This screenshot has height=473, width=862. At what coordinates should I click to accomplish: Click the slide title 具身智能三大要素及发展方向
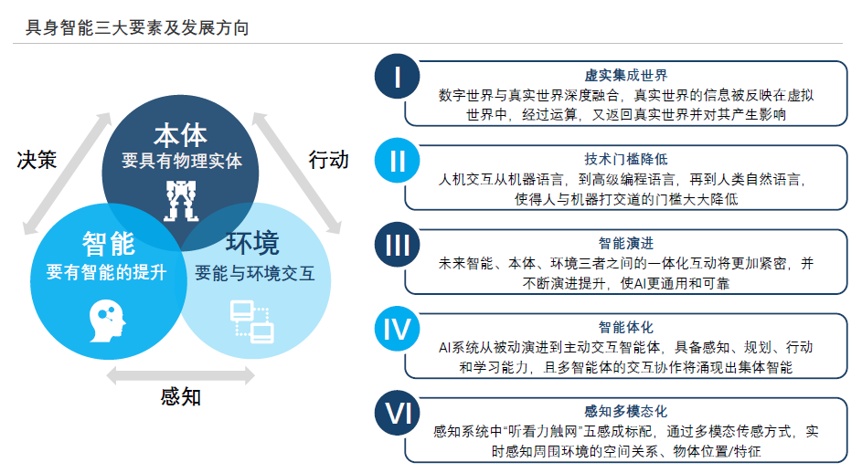coord(137,28)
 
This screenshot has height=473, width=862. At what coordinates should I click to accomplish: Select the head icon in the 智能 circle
coord(106,319)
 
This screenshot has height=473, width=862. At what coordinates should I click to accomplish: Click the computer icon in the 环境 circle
coord(251,319)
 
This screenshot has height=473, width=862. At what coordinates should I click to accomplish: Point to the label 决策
coord(37,160)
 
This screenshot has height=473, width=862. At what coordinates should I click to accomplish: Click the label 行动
coord(328,160)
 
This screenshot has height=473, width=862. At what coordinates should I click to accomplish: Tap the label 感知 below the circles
coord(180,396)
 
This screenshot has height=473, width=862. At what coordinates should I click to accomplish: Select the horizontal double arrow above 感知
coord(180,374)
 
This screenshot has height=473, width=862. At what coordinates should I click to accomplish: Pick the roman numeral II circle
coord(398,162)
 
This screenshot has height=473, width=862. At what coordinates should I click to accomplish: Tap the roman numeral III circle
coord(398,246)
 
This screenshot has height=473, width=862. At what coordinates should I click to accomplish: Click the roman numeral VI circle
coord(398,414)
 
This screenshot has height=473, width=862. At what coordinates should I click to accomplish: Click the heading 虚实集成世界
coord(626,75)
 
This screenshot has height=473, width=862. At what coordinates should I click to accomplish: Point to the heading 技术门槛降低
coord(626,159)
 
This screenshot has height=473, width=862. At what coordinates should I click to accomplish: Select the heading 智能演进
coord(626,243)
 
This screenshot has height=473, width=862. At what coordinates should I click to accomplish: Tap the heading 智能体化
coord(626,327)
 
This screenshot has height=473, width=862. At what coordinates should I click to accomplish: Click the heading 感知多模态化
coord(626,411)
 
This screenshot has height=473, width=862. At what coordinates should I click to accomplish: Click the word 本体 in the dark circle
coord(181,135)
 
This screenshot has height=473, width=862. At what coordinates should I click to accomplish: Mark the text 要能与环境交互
coord(254,273)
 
